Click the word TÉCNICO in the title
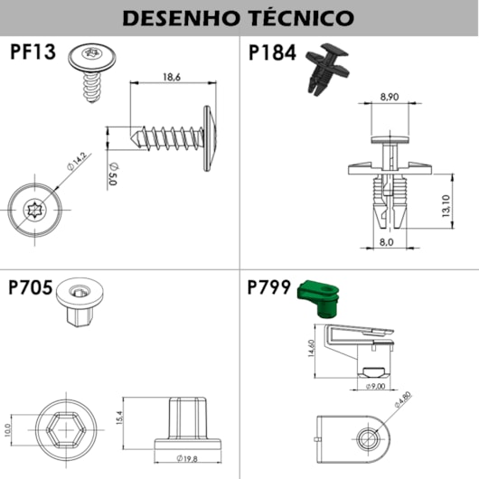302,17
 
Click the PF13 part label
33,52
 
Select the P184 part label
272,52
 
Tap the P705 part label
30,287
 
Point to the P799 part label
268,287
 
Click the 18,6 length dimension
172,77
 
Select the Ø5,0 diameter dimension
113,174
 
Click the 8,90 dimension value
390,97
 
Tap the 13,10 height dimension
446,206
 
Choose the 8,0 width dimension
387,242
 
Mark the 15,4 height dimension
118,418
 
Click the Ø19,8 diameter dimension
187,458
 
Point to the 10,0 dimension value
7,430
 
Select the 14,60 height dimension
311,348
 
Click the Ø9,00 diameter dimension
375,386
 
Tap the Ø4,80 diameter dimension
403,399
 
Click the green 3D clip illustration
318,298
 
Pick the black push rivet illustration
327,69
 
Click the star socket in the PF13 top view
34,210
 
